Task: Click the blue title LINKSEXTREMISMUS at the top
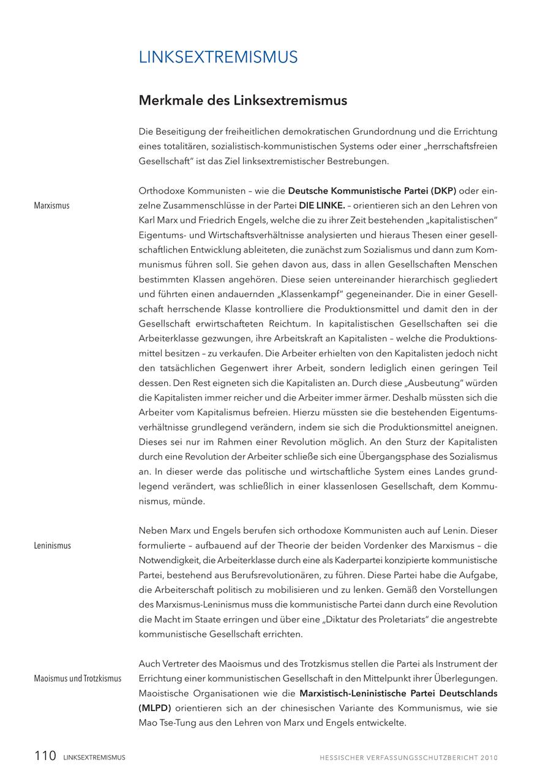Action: coord(218,57)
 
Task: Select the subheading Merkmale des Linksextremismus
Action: coord(242,100)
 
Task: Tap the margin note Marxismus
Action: coord(51,206)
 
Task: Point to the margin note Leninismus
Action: coord(52,546)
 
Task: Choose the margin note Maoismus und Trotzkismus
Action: coord(77,679)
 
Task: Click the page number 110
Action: coord(45,756)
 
